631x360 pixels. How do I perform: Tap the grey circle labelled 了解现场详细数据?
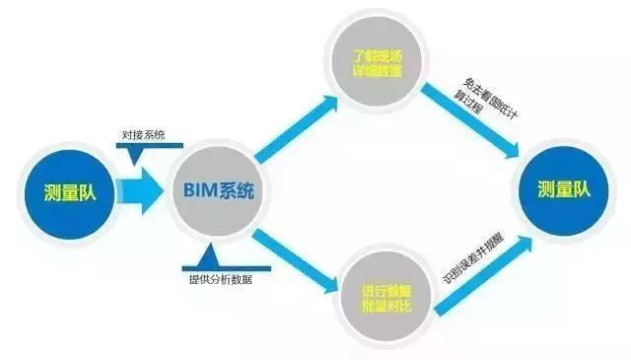(378, 64)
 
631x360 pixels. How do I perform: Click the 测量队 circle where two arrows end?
(563, 190)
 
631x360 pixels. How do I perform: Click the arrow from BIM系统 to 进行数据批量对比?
(292, 258)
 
